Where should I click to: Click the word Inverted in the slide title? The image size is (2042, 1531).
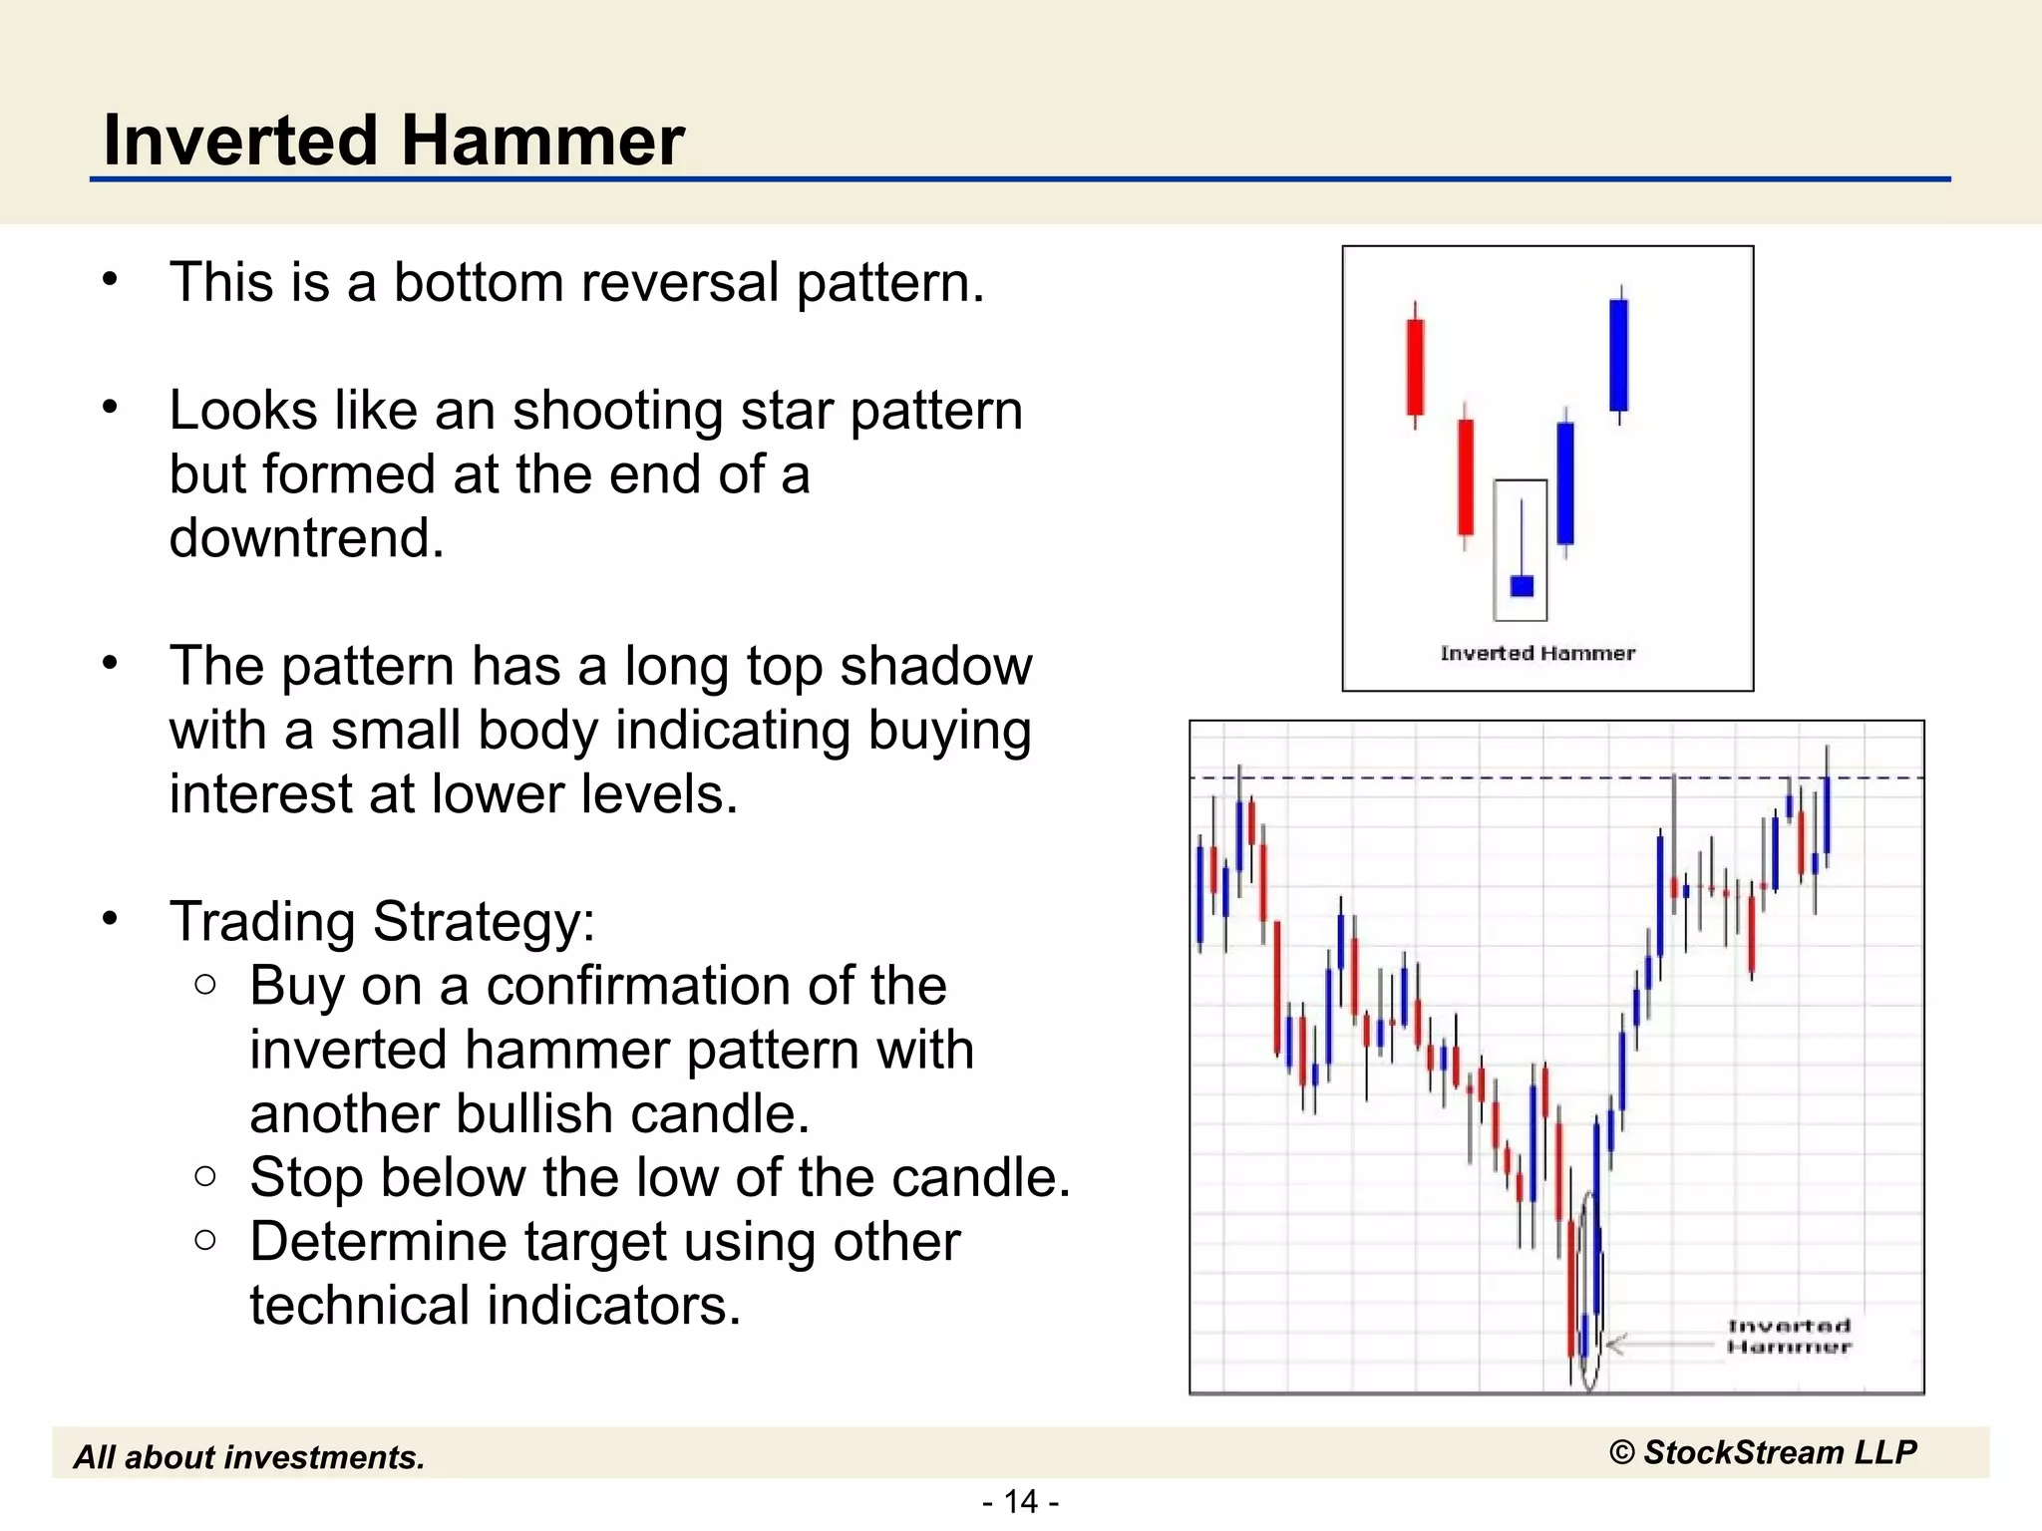[240, 140]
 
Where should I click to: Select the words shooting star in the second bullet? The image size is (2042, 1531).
[673, 411]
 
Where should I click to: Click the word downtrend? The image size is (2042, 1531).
[306, 538]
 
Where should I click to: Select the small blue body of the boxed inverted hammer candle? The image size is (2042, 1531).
[1522, 585]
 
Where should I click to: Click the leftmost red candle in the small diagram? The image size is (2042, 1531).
[1415, 366]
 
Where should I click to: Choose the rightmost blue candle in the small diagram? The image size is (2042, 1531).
[1619, 355]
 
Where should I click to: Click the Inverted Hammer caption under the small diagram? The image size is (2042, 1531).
[1537, 653]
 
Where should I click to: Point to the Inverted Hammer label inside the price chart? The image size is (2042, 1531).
[1789, 1336]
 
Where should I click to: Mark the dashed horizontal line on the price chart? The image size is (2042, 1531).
[1446, 776]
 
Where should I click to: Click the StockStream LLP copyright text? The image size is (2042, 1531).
[1763, 1452]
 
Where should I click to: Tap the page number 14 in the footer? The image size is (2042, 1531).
[1020, 1501]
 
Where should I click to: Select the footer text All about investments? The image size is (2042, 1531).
[249, 1457]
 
